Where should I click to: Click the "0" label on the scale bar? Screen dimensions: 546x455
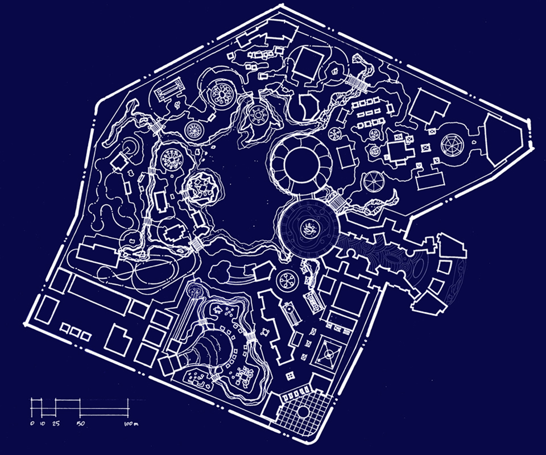click(x=32, y=424)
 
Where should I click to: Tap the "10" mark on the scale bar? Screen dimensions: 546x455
click(x=43, y=424)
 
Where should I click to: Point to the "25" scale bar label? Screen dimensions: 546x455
click(x=56, y=424)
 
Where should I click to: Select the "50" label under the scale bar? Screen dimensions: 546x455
click(x=81, y=424)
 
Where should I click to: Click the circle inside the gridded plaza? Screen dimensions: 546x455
click(x=304, y=412)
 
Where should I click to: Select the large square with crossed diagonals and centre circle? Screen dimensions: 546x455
click(x=328, y=355)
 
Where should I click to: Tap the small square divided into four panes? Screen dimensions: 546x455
click(x=289, y=375)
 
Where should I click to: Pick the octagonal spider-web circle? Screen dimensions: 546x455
click(x=453, y=144)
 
